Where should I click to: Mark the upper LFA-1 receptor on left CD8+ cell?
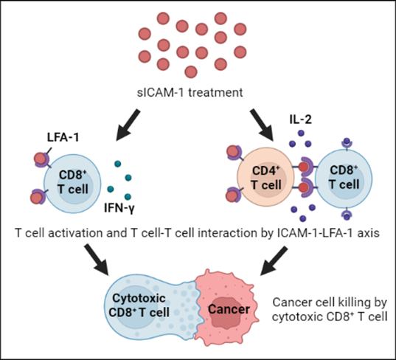40,159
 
